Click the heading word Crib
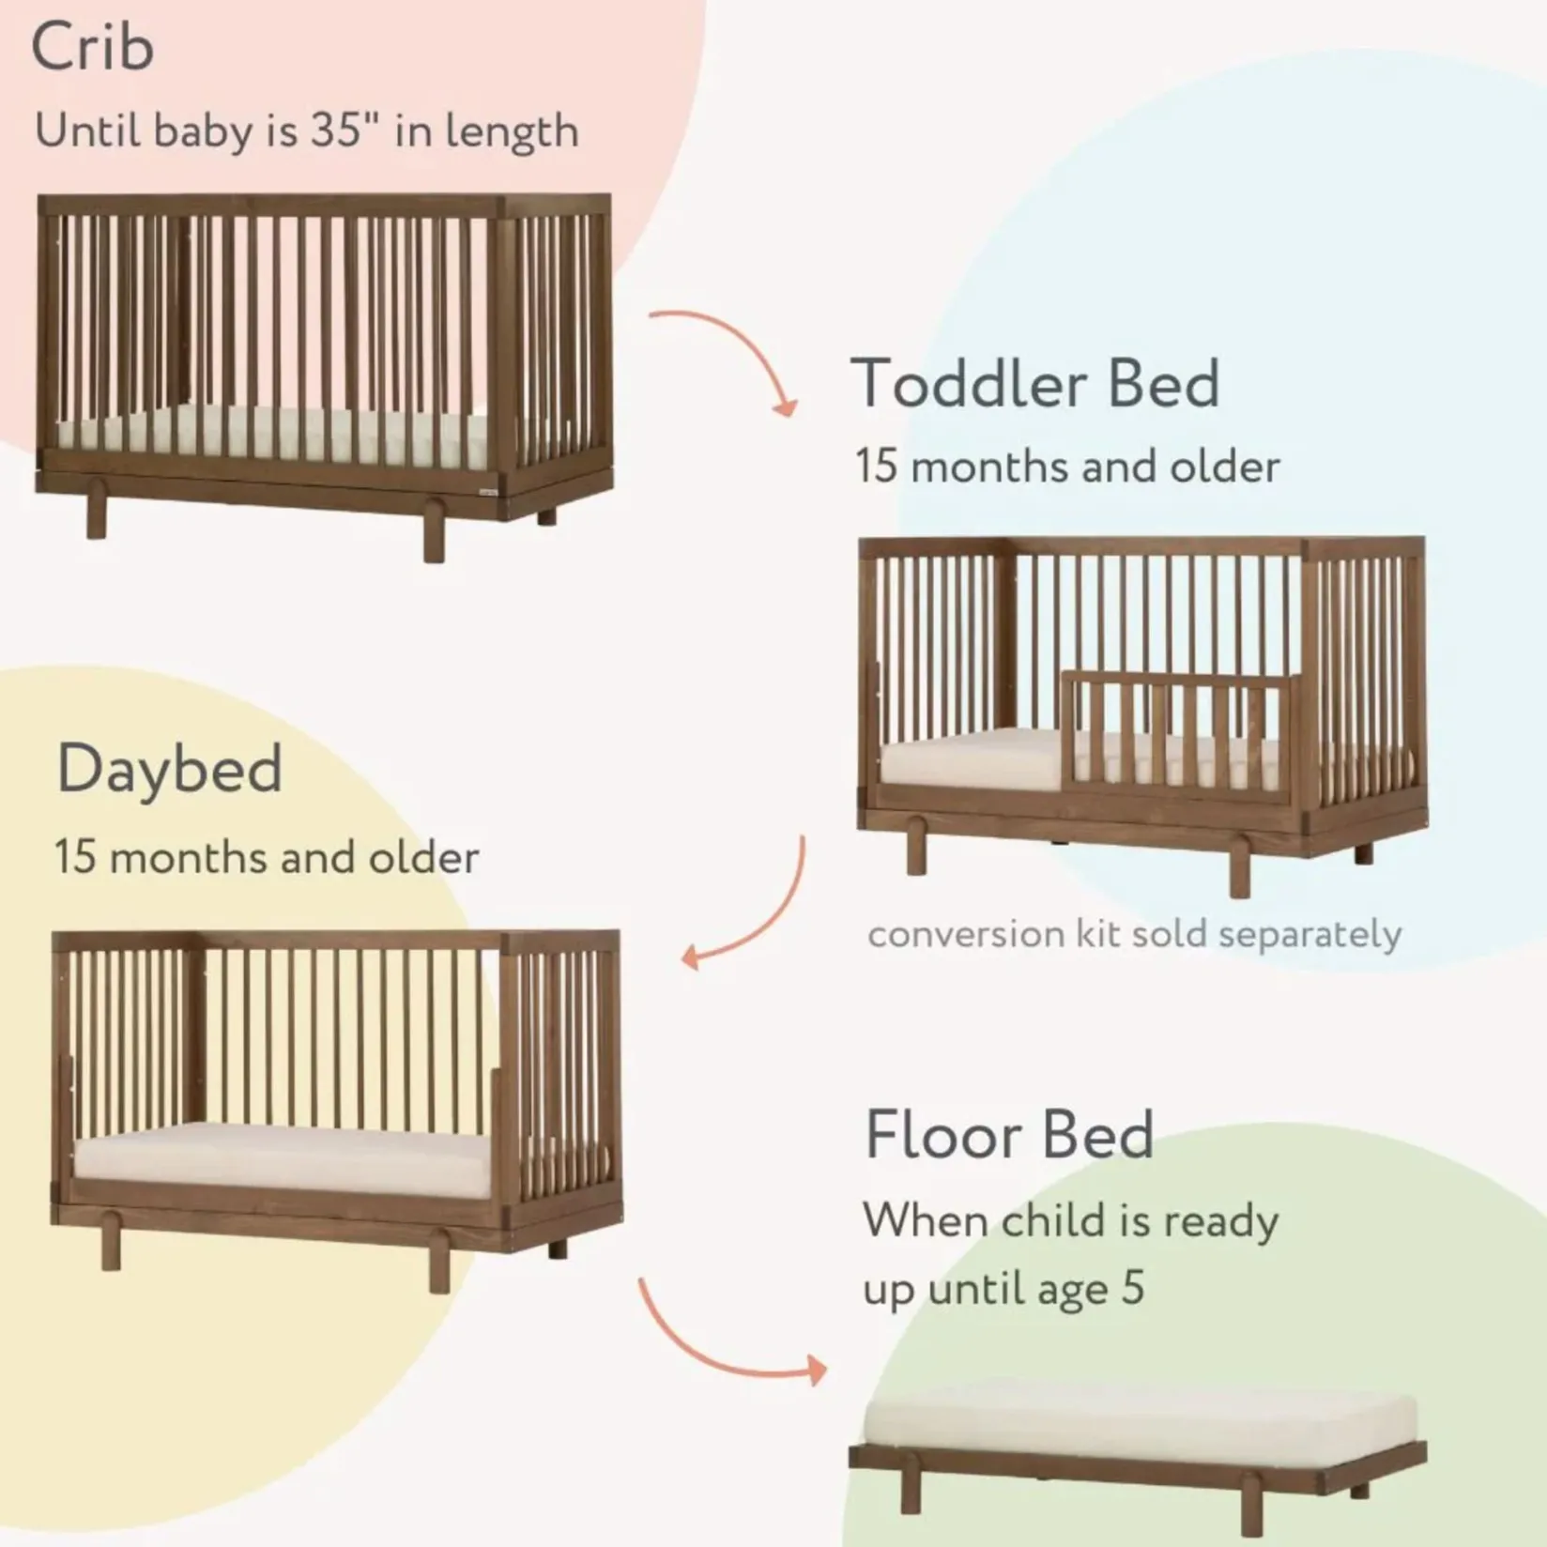click(x=93, y=46)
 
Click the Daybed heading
click(x=169, y=770)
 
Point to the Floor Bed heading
click(x=1009, y=1135)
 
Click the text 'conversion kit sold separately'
click(x=1134, y=935)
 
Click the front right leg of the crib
click(x=434, y=531)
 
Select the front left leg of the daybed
click(x=111, y=1241)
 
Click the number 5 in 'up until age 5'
click(x=1133, y=1287)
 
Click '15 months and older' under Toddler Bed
click(x=1067, y=467)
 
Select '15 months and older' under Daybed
click(x=267, y=857)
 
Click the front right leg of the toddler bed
click(x=1240, y=868)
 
